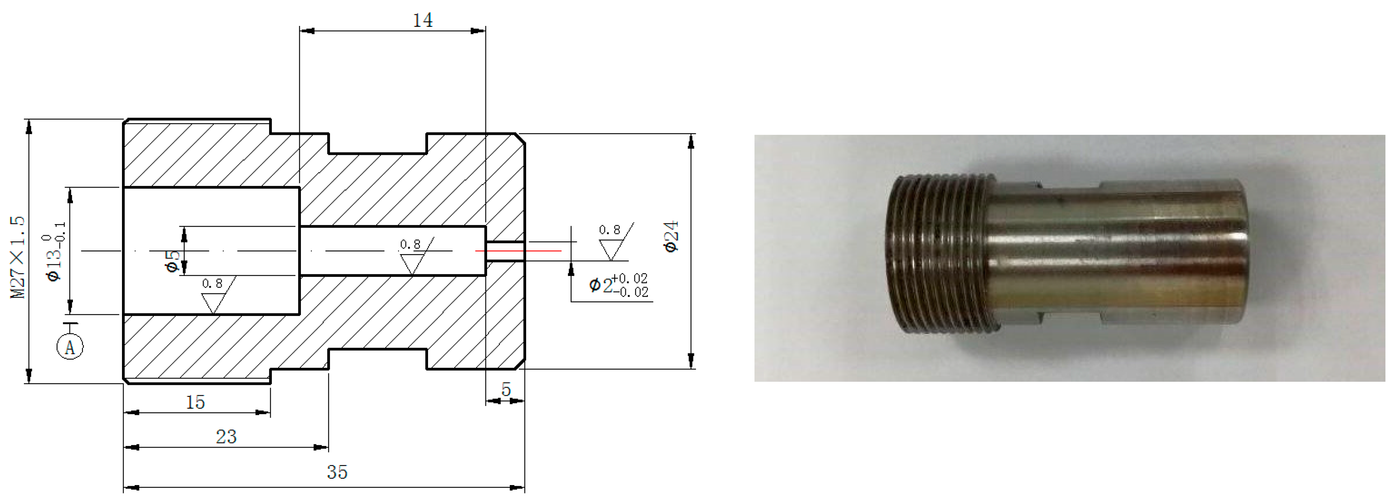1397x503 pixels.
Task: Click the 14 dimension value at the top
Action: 422,21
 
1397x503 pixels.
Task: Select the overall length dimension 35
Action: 337,472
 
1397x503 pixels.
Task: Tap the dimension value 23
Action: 226,437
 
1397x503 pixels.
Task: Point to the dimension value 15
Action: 195,402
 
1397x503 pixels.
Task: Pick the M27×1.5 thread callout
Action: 18,257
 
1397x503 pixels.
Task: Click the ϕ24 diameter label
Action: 671,237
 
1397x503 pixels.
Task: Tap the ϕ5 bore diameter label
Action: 173,261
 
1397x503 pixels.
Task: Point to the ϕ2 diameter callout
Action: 601,285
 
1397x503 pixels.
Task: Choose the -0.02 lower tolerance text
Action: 631,292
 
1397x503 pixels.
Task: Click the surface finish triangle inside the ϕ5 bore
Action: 412,264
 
